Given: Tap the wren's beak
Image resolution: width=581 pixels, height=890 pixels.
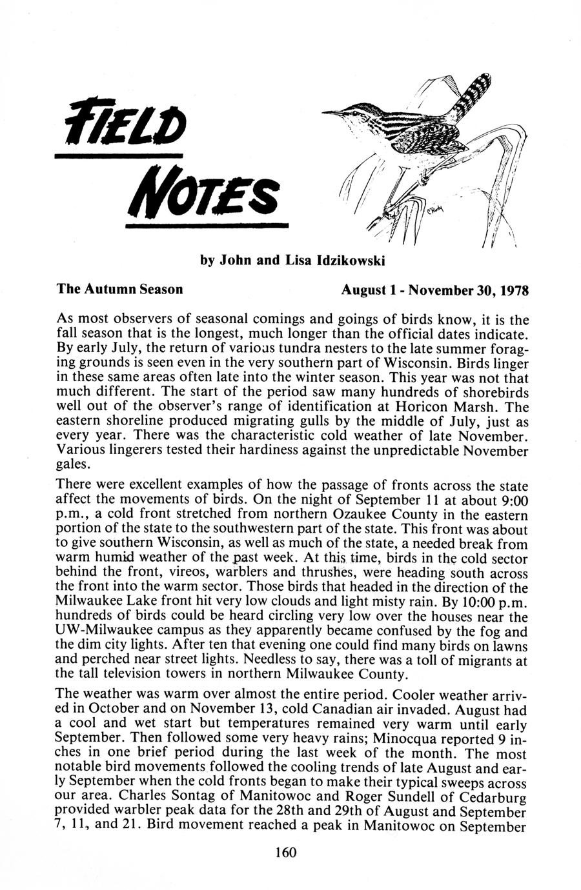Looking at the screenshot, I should click(x=332, y=113).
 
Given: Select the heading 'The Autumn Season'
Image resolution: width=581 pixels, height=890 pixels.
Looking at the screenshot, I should click(x=119, y=289).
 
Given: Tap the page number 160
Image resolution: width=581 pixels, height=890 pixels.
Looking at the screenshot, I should click(x=285, y=853).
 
